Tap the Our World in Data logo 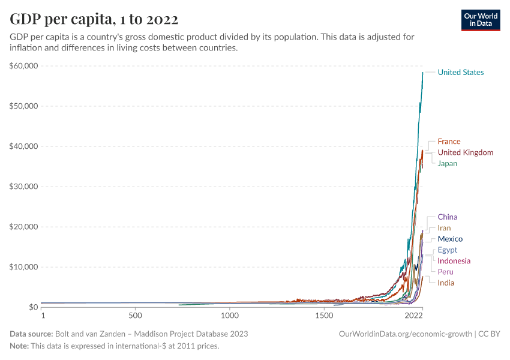[x=480, y=20]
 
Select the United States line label [x=460, y=73]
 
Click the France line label [x=449, y=142]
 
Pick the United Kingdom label [x=465, y=152]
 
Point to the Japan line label [x=448, y=163]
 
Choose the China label [x=448, y=217]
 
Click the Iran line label [x=444, y=228]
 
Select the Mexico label [x=450, y=239]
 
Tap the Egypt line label [x=447, y=250]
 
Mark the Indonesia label [x=454, y=261]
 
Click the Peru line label [x=445, y=272]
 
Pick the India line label [x=446, y=283]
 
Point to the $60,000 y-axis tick [x=24, y=66]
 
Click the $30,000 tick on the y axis [x=24, y=187]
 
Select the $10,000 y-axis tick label [x=24, y=267]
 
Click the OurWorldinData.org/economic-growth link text [x=406, y=334]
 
